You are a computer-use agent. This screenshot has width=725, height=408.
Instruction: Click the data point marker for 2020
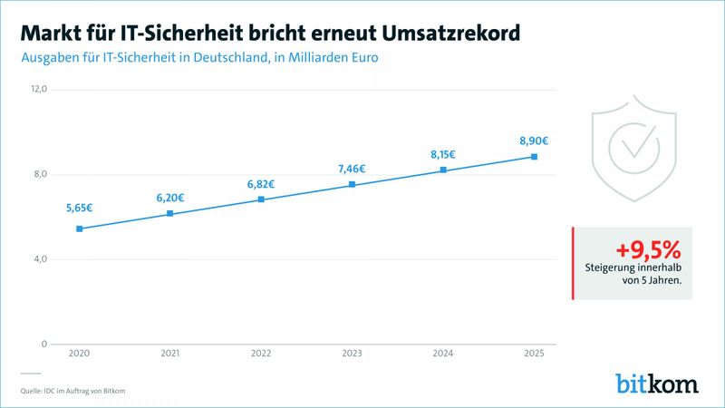click(x=80, y=228)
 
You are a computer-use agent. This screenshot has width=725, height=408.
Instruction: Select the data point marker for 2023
click(x=352, y=185)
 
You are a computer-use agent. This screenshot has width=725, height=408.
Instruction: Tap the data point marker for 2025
click(x=534, y=157)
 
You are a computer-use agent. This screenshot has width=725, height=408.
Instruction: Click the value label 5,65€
click(x=80, y=208)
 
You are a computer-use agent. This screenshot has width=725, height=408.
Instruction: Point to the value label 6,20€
click(x=170, y=198)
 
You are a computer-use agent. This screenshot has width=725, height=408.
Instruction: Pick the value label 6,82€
click(x=261, y=184)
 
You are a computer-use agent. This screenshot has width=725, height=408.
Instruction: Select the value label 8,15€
click(x=443, y=155)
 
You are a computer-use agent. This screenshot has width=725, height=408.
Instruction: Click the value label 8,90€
click(x=534, y=141)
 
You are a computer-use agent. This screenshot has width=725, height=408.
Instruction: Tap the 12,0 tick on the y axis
click(x=39, y=90)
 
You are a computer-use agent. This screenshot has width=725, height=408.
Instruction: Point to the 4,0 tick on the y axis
click(x=39, y=259)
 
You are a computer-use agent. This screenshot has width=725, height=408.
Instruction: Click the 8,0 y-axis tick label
click(x=39, y=175)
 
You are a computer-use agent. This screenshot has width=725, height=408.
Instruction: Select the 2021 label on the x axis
click(x=170, y=354)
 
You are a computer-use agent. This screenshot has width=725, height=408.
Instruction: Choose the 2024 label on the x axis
click(x=443, y=354)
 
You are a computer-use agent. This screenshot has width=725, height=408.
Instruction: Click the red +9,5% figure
click(x=648, y=249)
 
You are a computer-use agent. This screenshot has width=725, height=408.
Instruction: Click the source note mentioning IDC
click(x=72, y=391)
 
